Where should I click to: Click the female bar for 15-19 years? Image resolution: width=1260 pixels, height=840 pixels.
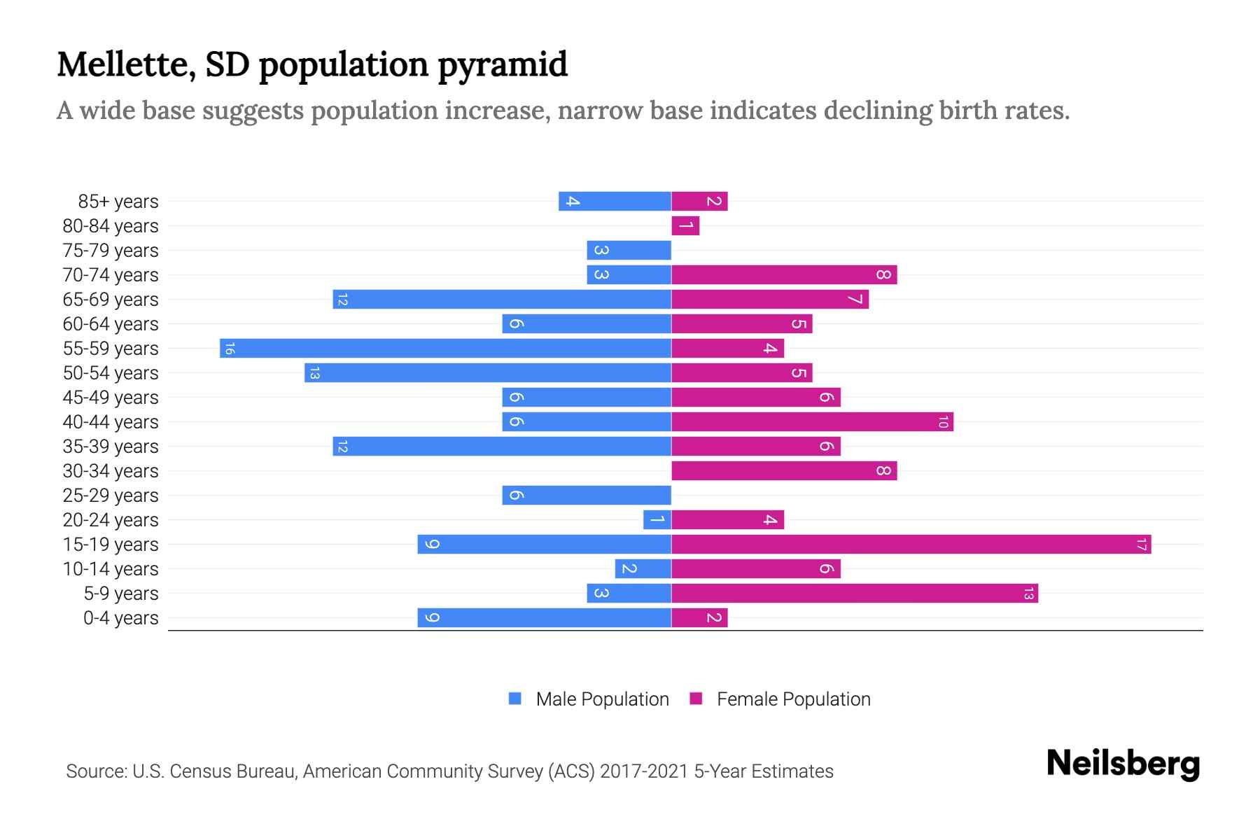[910, 544]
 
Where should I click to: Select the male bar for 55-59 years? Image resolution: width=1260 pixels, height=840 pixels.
[445, 348]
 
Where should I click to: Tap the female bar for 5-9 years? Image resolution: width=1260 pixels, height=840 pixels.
[854, 593]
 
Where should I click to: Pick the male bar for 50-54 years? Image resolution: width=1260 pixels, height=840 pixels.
[488, 372]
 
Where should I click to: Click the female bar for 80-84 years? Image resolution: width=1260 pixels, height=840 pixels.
[685, 225]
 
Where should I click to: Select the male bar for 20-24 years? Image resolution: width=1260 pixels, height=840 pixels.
[657, 519]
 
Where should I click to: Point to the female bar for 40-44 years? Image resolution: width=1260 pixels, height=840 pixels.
[812, 421]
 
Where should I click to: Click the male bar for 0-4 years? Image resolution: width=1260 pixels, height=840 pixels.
[544, 617]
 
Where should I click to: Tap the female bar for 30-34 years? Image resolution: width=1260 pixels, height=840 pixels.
[784, 470]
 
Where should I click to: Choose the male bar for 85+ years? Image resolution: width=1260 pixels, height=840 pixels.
[615, 201]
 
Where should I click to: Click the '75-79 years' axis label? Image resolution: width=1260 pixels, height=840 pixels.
[111, 251]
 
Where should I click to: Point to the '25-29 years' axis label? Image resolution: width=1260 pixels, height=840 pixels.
[111, 496]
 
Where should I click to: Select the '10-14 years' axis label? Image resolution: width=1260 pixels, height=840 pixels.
[111, 569]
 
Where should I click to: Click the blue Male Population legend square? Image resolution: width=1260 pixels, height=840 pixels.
[515, 699]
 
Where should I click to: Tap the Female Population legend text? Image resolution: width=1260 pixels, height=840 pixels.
[793, 699]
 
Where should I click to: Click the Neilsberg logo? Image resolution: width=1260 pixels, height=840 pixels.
[1123, 763]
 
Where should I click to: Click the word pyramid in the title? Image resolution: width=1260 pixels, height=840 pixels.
[503, 64]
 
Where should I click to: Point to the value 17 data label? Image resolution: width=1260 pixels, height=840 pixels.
[1141, 544]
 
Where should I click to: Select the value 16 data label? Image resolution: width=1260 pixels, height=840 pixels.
[230, 348]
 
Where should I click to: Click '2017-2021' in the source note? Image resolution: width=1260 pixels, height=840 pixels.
[644, 771]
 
